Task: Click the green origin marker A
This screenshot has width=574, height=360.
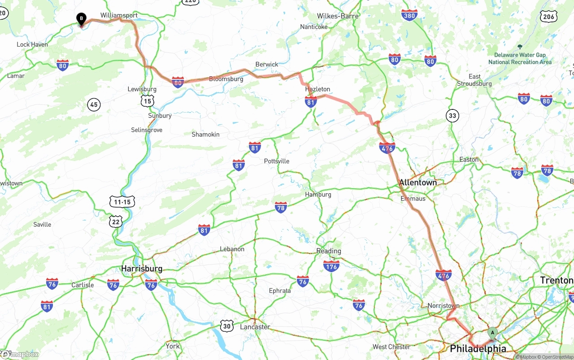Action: [492, 333]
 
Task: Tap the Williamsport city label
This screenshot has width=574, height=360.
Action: [119, 15]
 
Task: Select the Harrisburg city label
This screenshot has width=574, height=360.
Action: [142, 269]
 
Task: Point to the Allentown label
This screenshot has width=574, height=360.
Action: [417, 182]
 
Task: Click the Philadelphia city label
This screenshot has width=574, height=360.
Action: [478, 348]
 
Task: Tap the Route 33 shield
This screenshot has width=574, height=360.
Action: [452, 116]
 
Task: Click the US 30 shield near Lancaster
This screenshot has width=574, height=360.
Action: [227, 326]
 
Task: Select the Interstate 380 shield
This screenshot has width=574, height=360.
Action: [409, 15]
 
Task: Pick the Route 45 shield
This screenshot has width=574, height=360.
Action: [93, 105]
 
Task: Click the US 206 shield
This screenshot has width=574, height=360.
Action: [549, 17]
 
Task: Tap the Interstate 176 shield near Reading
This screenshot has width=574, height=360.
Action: [331, 266]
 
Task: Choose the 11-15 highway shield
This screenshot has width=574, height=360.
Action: [122, 202]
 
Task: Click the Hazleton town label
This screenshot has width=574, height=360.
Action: [317, 89]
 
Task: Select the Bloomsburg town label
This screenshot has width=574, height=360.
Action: [226, 79]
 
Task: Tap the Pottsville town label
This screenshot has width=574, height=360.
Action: [277, 161]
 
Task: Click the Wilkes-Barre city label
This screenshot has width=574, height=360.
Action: [338, 16]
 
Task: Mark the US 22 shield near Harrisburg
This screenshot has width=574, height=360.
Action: [116, 221]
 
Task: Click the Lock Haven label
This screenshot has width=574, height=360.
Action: [32, 44]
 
